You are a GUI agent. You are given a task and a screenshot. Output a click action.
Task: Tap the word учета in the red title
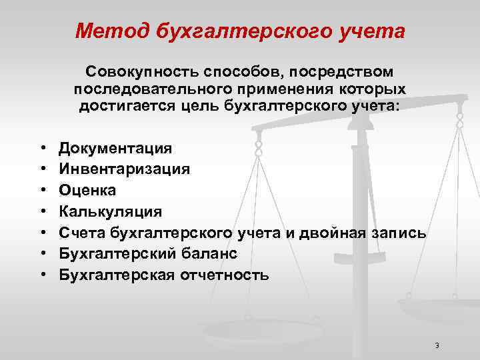[x=371, y=31]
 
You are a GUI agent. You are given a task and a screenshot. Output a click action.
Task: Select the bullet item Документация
[x=115, y=148]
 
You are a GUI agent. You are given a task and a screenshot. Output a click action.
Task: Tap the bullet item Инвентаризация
[x=124, y=169]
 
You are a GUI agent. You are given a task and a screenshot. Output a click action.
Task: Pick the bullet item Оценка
[x=87, y=190]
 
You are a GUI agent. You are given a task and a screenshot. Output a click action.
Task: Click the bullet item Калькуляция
[x=110, y=211]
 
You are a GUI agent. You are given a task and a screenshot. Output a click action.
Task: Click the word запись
[x=406, y=233]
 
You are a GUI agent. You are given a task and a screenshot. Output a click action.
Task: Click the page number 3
[x=436, y=345]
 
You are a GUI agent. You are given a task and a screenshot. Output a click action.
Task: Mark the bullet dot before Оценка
[x=43, y=191]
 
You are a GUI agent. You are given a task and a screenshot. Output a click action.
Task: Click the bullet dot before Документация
[x=43, y=148]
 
